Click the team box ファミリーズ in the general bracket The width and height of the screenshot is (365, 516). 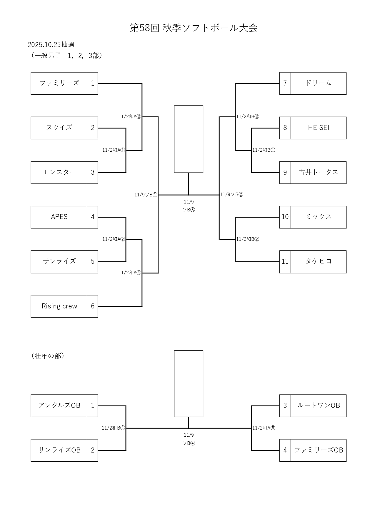[x=59, y=84]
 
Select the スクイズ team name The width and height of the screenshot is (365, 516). [x=59, y=128]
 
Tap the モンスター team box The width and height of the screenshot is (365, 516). [x=59, y=173]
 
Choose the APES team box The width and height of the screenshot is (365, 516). [x=59, y=217]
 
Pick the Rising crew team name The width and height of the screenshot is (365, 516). [x=59, y=306]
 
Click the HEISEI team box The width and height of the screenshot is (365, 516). [x=318, y=128]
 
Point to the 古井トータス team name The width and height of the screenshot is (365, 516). [x=318, y=173]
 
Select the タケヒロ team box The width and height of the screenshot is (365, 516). [x=318, y=262]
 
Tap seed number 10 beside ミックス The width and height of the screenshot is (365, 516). [x=285, y=217]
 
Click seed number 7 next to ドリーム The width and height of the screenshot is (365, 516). [x=285, y=84]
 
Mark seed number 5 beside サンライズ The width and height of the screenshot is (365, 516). [x=93, y=262]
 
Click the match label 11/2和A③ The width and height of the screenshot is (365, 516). [x=130, y=117]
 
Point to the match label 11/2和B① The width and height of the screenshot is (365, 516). [x=264, y=150]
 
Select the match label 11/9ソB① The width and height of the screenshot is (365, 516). [x=146, y=195]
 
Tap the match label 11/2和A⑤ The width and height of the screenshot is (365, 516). [x=264, y=428]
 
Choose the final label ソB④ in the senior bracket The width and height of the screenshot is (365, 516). [x=189, y=443]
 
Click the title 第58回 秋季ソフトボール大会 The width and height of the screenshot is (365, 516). [x=194, y=28]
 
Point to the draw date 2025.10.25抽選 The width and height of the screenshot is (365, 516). [x=51, y=45]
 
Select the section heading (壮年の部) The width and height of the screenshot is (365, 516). [x=48, y=356]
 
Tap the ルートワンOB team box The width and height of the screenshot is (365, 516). [x=318, y=406]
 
